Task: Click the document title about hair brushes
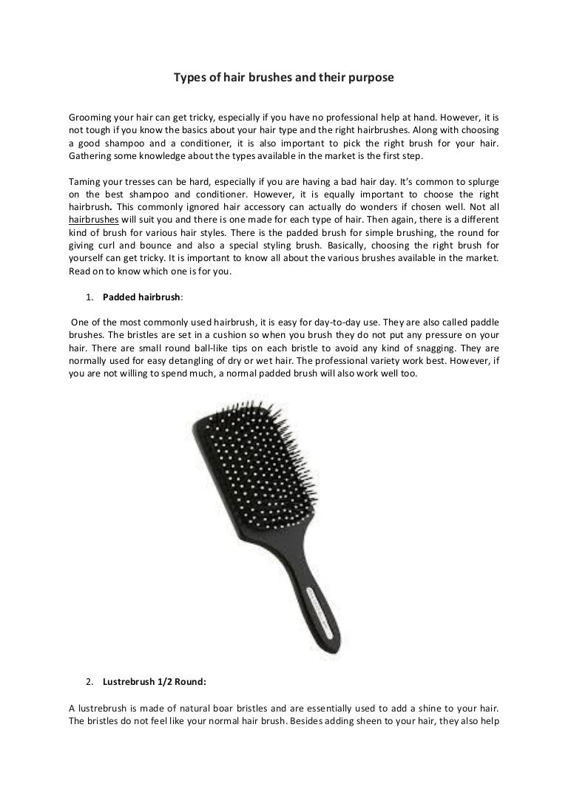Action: [283, 77]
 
